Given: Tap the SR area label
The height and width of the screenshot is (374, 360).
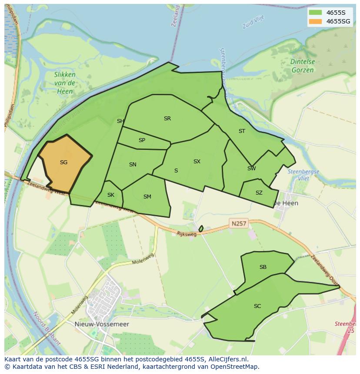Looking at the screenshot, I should point(167,119).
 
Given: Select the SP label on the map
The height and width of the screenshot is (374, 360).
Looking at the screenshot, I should point(142,140).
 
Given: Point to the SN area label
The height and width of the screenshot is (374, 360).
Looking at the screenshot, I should point(133,165).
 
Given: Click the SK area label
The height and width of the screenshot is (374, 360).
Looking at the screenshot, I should point(110,195).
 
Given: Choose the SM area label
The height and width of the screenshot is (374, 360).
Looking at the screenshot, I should point(147,197).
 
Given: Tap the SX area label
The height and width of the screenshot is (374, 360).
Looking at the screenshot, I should point(197,162).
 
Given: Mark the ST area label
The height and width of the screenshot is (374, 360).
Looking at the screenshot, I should point(242,131).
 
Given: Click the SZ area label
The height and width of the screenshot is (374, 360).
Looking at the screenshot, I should point(259,193).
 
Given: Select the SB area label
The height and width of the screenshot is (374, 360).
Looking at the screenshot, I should point(263,267).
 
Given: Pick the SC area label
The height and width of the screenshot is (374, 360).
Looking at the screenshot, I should point(257,306).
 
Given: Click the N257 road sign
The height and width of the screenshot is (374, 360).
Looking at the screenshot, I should point(239,224).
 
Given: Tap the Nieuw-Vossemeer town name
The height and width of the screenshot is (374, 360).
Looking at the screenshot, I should point(108,324).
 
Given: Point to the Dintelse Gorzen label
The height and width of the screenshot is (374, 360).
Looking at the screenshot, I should point(303,66).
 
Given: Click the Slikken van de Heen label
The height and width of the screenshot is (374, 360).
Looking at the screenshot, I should point(65,83).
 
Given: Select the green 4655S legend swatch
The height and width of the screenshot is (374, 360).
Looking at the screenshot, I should point(315,13).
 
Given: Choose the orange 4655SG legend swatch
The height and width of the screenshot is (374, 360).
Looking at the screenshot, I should point(315,21).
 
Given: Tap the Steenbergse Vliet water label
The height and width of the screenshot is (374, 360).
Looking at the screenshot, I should point(303,175).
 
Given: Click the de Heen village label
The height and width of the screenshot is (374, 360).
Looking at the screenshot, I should point(285,203).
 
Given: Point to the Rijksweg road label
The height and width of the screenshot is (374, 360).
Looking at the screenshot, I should point(187,234).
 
